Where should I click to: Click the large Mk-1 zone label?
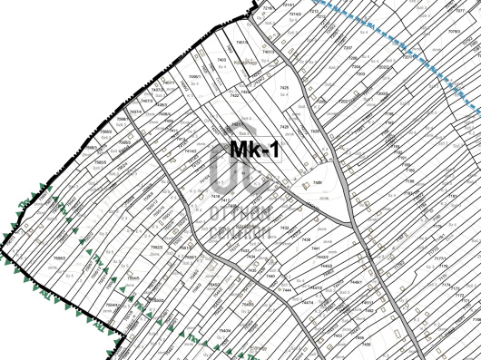point(253,151)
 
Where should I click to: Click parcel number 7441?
point(316,248)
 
